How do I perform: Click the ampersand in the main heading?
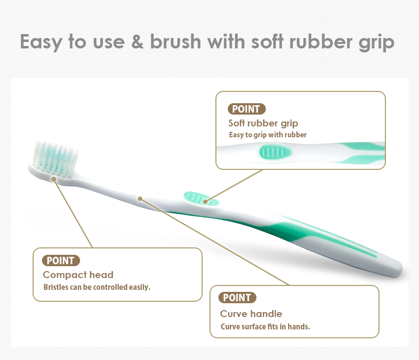tap(137, 42)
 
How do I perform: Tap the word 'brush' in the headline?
tap(175, 41)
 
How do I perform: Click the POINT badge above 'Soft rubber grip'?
tap(247, 109)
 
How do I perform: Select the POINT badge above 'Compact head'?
tap(61, 260)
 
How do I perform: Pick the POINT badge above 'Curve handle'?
tap(237, 297)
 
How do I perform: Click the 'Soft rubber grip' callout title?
tap(263, 123)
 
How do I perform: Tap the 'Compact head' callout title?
tap(78, 275)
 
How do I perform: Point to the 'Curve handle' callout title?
tap(251, 314)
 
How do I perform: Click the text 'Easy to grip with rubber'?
tap(268, 135)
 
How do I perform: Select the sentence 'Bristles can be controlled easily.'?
tap(97, 287)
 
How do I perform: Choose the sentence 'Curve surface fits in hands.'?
tap(265, 326)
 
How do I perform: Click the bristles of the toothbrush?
tap(55, 159)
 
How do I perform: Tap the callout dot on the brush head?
tap(54, 179)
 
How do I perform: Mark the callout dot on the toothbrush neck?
tap(140, 199)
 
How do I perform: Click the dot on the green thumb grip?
tap(205, 201)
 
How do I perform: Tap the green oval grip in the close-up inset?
tap(276, 152)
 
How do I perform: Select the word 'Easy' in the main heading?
tap(41, 42)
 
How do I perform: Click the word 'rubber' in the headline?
tap(321, 41)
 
